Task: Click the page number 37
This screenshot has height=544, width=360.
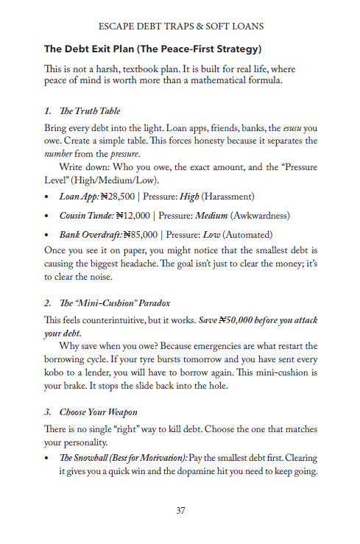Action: click(x=180, y=512)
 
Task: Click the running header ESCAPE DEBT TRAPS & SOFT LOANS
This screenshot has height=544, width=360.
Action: click(x=180, y=26)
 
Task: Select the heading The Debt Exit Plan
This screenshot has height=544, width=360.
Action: click(x=152, y=49)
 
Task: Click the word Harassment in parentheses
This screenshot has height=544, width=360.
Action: click(x=227, y=197)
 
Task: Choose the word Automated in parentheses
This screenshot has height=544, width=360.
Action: click(x=241, y=235)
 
